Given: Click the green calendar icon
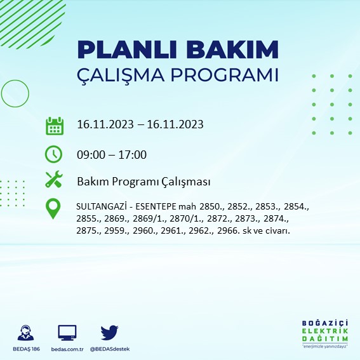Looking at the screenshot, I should [55, 125].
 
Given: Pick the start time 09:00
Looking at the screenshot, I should [90, 154].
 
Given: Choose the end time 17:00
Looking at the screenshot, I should [133, 154].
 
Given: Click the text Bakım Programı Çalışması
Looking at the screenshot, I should [143, 182].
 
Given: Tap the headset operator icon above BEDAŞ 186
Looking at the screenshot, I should [26, 333].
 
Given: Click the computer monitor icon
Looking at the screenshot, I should [67, 333].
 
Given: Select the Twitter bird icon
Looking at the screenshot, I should [109, 333].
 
